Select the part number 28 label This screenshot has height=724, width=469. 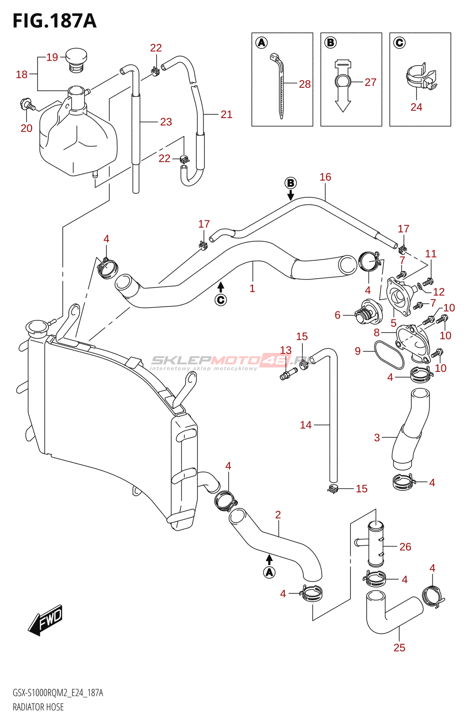click(x=305, y=84)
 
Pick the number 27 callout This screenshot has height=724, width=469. click(x=370, y=82)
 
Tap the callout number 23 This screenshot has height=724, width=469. click(x=166, y=122)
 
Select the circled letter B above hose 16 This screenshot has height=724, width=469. click(x=291, y=183)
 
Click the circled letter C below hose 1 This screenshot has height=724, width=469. click(x=220, y=300)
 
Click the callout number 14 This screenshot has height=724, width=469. click(x=306, y=425)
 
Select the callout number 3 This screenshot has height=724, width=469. click(x=377, y=438)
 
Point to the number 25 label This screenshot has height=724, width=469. click(x=399, y=648)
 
